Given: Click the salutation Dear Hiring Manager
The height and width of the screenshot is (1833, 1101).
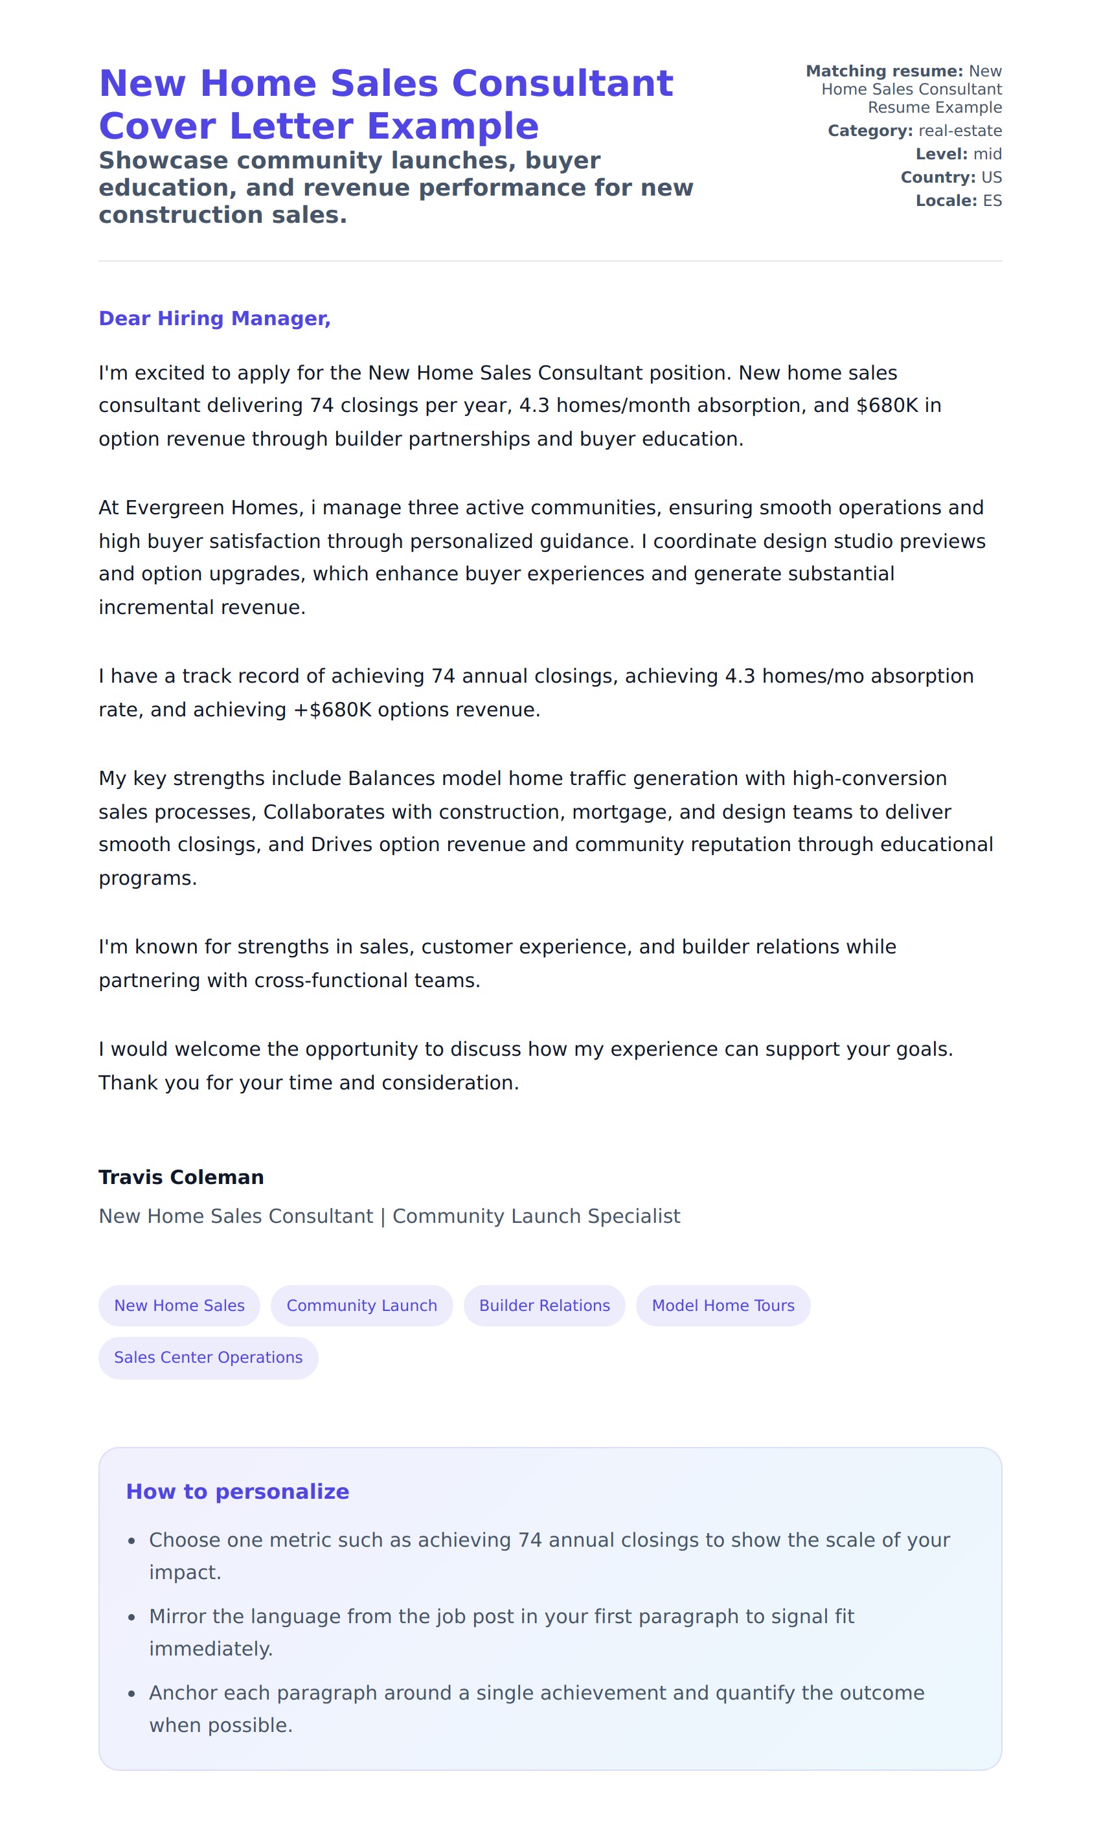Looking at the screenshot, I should tap(214, 318).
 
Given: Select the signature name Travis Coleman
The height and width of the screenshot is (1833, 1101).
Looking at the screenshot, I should tap(181, 1178).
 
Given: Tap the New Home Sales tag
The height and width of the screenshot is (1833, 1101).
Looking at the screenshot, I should tap(179, 1306).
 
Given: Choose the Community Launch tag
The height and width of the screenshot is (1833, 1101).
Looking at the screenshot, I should tap(361, 1306).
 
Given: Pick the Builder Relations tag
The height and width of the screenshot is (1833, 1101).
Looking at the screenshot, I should tap(544, 1306).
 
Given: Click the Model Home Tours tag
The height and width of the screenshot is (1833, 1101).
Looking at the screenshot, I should tap(723, 1306).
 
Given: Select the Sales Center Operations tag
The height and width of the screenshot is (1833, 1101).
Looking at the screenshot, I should tap(208, 1358).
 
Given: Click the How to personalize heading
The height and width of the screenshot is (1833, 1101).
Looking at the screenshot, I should tap(238, 1492).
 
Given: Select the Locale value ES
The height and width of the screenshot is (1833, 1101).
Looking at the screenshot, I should tap(992, 201).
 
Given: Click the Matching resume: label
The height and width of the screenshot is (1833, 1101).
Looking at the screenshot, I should tap(884, 71).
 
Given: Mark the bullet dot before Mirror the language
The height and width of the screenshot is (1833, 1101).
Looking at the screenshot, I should tap(131, 1617).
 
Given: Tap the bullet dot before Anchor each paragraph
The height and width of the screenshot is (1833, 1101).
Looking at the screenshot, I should tap(131, 1694).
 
